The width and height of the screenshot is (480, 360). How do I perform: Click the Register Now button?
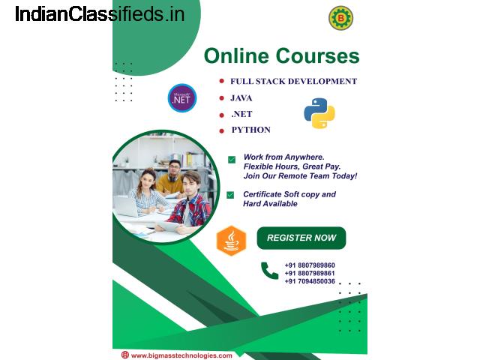301,238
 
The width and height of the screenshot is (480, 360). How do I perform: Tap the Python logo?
319,113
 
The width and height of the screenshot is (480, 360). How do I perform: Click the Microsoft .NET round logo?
182,98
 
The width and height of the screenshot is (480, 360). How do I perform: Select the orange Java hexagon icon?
231,241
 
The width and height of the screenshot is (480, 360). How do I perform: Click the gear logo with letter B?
340,18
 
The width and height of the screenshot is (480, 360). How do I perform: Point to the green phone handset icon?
270,271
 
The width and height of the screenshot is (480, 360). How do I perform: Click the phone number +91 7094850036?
310,281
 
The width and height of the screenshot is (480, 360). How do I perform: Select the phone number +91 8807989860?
310,265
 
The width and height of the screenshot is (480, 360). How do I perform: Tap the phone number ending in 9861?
310,273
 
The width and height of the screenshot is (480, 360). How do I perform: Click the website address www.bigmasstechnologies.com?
181,355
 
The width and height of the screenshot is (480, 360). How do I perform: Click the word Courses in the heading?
317,56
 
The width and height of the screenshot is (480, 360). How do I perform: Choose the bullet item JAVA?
241,98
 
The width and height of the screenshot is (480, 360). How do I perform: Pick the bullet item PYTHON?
251,130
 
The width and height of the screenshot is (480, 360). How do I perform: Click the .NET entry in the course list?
241,114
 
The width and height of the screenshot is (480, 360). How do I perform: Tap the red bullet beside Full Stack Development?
222,81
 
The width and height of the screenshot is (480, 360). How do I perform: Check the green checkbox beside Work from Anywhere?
232,160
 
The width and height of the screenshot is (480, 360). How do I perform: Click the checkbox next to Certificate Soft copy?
230,195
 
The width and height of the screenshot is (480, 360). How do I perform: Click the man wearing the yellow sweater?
170,178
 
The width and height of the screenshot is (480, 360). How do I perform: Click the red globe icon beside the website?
125,355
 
